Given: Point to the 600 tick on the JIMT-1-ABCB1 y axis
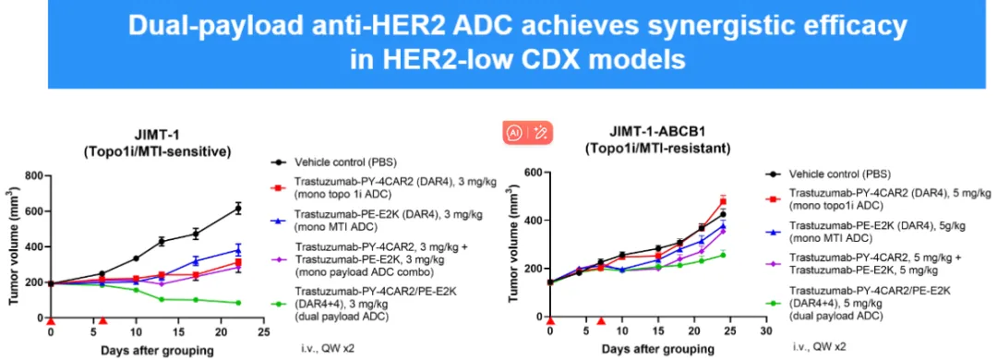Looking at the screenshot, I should tap(534, 173).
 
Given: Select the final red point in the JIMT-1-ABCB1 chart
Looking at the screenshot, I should tap(723, 201).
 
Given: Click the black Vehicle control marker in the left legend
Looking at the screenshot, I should tap(276, 161).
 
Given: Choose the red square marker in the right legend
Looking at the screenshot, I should tap(770, 198).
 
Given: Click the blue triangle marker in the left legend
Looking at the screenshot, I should tap(276, 222).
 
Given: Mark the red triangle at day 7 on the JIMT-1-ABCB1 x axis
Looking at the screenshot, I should tap(600, 320).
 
